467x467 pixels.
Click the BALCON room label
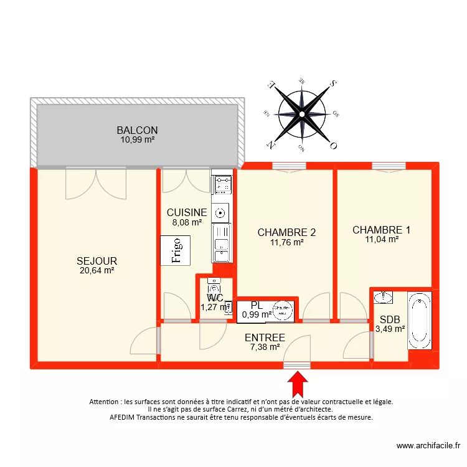click(137, 130)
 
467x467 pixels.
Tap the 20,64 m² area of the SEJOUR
click(97, 270)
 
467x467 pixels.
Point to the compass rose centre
click(302, 114)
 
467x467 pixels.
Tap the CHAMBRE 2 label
click(286, 232)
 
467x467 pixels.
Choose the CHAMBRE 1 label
click(381, 230)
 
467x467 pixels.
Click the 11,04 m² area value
click(382, 239)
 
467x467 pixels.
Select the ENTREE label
click(265, 337)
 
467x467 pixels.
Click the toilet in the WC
click(215, 288)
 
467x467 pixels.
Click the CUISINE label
click(187, 212)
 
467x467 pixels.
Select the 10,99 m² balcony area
click(138, 139)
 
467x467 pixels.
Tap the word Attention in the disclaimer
click(106, 402)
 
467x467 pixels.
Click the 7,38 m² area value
click(265, 347)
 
